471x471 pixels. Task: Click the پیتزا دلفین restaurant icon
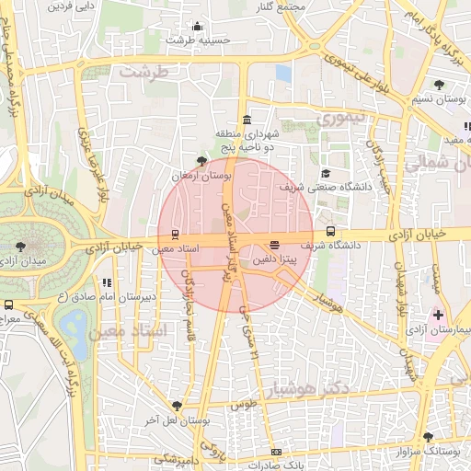274,244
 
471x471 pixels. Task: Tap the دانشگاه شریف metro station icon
330,233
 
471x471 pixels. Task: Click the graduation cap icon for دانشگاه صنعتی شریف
325,172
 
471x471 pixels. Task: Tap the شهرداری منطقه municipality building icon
246,120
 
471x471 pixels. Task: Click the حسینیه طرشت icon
196,26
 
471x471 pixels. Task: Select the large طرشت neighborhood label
146,72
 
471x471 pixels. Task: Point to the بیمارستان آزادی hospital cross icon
438,316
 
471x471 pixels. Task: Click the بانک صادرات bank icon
276,453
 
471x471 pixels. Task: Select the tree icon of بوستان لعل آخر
176,405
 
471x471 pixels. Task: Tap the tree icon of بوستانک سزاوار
427,437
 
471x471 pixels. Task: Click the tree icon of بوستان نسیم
438,85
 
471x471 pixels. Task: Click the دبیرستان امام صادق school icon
107,282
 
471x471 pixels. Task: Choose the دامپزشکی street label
175,457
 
